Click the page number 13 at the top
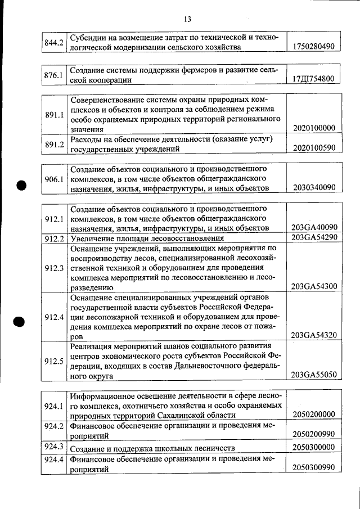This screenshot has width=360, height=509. (187, 20)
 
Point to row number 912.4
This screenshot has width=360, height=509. (54, 317)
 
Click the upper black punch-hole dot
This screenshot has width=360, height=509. (21, 185)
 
